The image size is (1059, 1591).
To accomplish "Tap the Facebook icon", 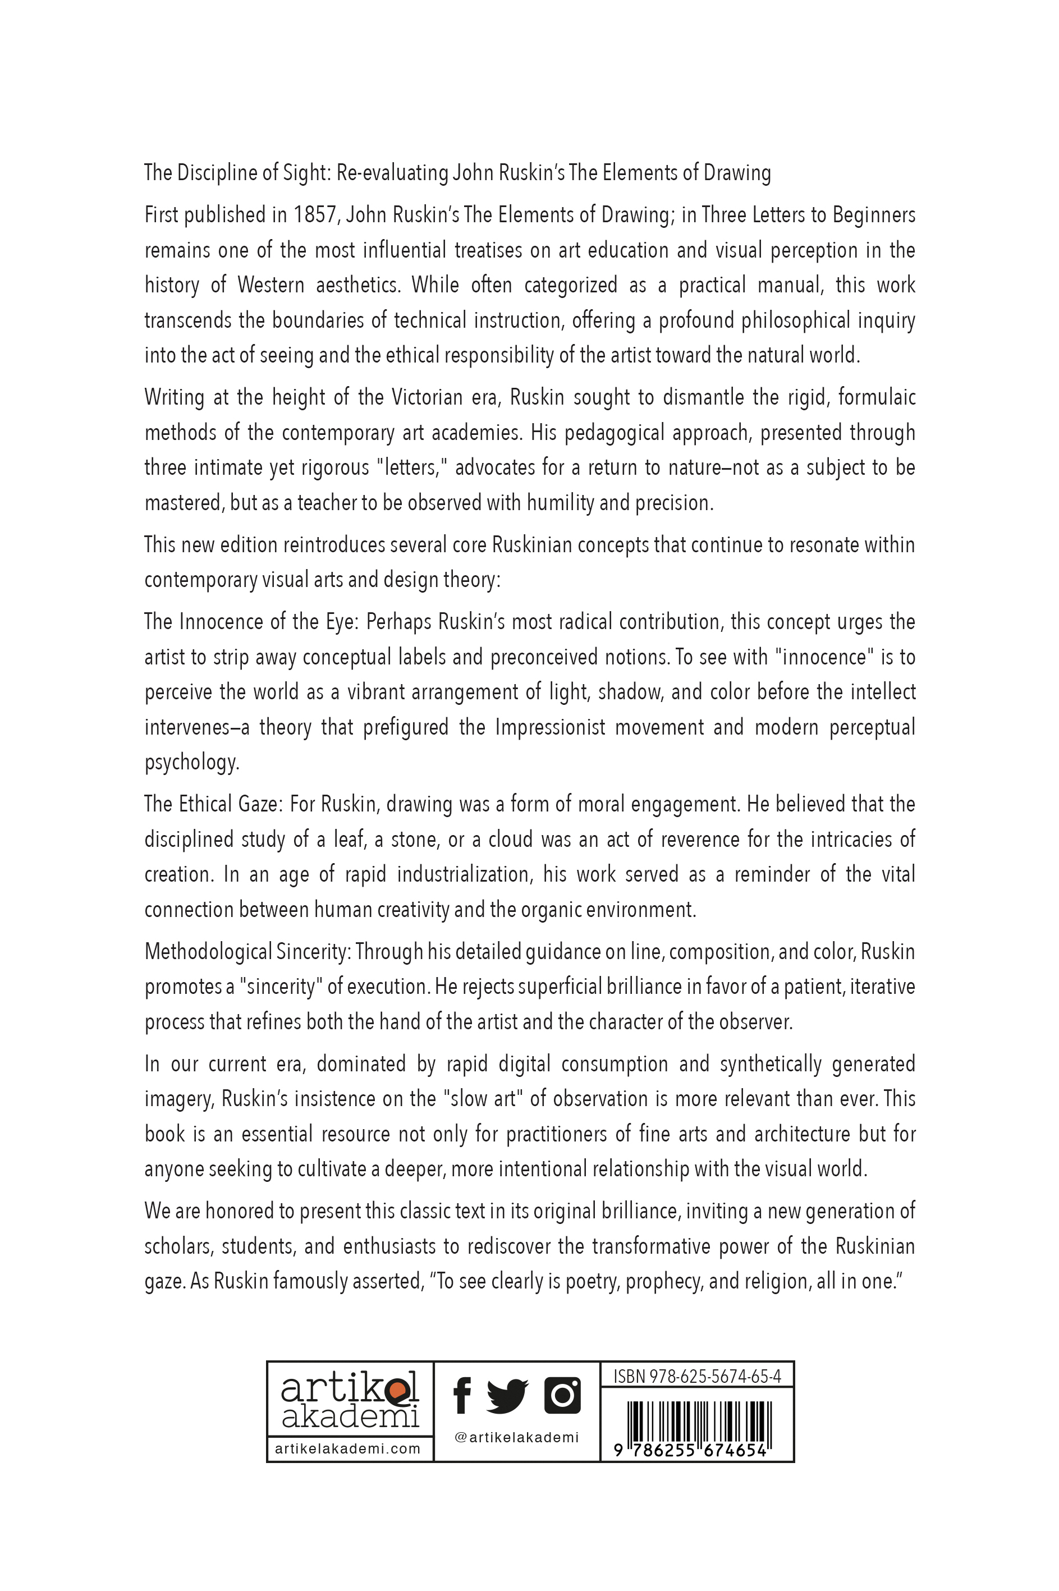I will pyautogui.click(x=462, y=1395).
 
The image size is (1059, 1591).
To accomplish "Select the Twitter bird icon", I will pyautogui.click(x=507, y=1396).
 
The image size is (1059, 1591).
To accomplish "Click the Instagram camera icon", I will pyautogui.click(x=562, y=1395).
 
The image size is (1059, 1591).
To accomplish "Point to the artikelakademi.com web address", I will pyautogui.click(x=348, y=1448).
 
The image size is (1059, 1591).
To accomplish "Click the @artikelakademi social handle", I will pyautogui.click(x=517, y=1437).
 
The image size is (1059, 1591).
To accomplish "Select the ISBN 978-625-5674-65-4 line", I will pyautogui.click(x=697, y=1376).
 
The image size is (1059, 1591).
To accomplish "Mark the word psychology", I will pyautogui.click(x=192, y=763).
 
